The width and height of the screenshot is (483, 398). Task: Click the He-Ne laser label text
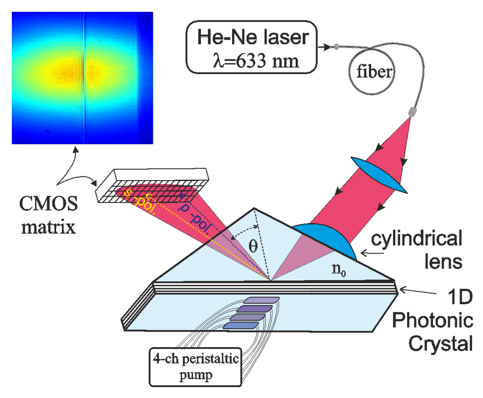(x=253, y=37)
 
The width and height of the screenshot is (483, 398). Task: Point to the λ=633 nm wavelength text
(x=256, y=61)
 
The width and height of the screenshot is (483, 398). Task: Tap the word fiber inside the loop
(x=374, y=72)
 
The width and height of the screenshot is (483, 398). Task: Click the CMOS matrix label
(x=49, y=215)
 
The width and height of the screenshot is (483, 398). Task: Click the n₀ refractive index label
(x=339, y=270)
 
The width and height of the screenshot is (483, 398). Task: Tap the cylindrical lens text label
(x=416, y=249)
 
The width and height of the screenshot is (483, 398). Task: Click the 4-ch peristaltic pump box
(x=195, y=367)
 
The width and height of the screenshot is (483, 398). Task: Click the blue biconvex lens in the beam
(x=379, y=174)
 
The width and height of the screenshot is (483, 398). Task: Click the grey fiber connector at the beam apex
(x=412, y=111)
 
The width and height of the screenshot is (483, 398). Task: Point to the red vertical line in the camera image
(x=83, y=77)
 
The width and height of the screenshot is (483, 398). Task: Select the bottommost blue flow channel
(x=241, y=325)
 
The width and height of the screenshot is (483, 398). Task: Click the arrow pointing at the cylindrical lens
(x=372, y=253)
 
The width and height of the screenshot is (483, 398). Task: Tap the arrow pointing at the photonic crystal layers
(x=418, y=291)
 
